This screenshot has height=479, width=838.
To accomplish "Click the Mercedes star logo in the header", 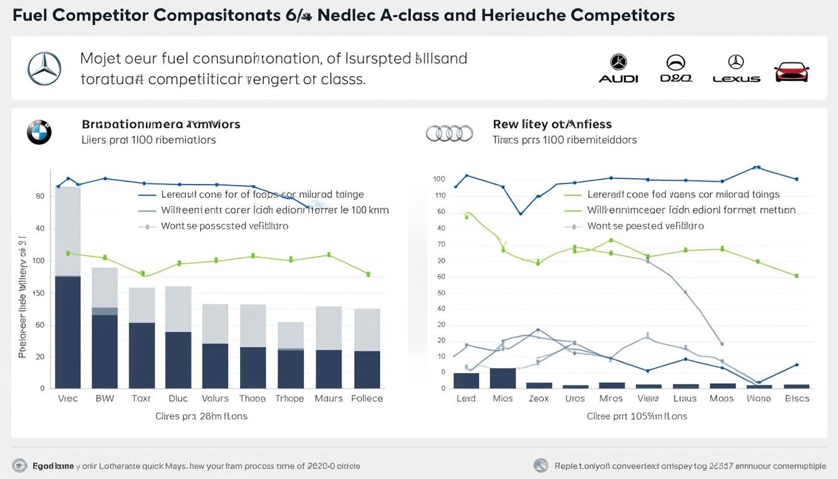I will [x=44, y=69].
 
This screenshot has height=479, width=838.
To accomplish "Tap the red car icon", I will [x=791, y=72].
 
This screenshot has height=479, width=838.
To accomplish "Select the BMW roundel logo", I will [x=39, y=132].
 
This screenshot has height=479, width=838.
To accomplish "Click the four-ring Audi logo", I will [x=449, y=132].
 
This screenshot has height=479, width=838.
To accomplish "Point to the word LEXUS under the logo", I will [x=736, y=79].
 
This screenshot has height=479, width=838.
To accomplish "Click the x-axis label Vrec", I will [x=67, y=399].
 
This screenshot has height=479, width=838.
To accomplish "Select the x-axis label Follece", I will [x=367, y=399].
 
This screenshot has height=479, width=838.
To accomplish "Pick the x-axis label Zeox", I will [x=538, y=399].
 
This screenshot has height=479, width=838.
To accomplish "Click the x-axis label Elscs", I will [x=797, y=399].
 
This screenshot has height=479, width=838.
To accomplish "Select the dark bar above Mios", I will [x=503, y=378].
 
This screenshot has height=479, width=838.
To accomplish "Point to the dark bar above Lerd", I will [x=466, y=380].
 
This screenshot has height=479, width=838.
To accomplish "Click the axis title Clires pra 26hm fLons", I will [x=201, y=416].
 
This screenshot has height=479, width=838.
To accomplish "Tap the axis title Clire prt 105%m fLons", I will [x=637, y=416].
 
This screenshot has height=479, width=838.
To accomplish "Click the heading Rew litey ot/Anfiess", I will [x=552, y=124].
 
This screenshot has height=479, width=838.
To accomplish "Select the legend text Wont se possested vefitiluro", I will [x=224, y=226].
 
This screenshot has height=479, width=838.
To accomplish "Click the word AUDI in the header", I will [x=618, y=79].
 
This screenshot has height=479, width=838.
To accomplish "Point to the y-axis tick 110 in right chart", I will [x=440, y=196].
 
